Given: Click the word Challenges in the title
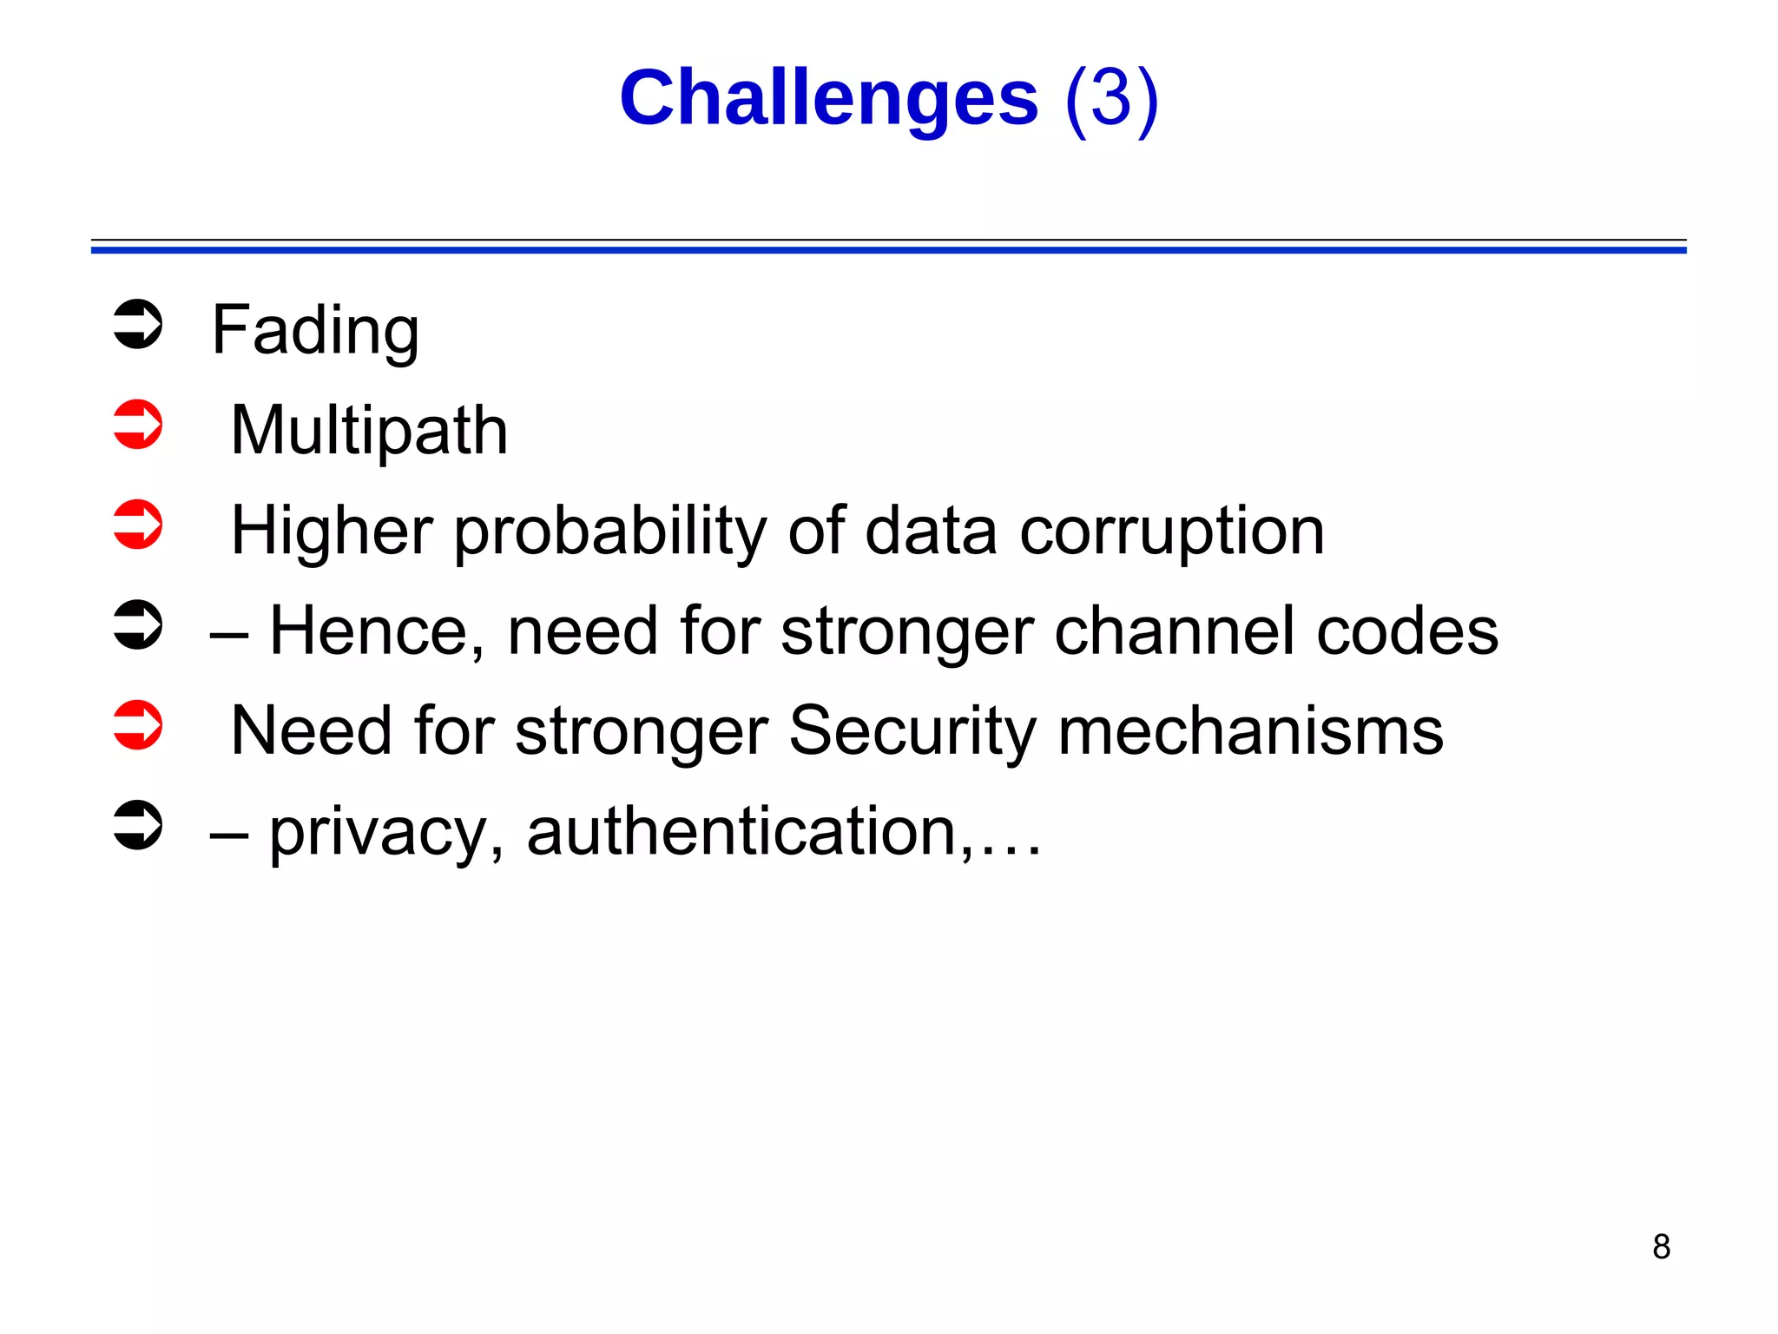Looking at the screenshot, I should click(828, 97).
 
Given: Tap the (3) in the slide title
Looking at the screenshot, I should click(1111, 99).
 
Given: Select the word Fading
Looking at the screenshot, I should click(315, 331).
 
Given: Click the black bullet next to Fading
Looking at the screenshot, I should click(138, 325).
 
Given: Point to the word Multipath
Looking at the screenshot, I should click(369, 431).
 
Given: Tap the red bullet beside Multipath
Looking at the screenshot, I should click(138, 425).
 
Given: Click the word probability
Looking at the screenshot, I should click(609, 532).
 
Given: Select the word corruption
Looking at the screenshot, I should click(1172, 532).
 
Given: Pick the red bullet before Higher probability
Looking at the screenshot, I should click(138, 525).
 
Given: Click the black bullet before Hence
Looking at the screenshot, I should click(138, 625).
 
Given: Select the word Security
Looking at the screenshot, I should click(912, 731).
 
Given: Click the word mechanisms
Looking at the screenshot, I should click(1250, 731).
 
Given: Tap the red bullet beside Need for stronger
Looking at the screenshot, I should click(138, 725).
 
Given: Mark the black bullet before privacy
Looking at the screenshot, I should click(138, 825).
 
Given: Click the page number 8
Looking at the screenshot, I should click(1661, 1246).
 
